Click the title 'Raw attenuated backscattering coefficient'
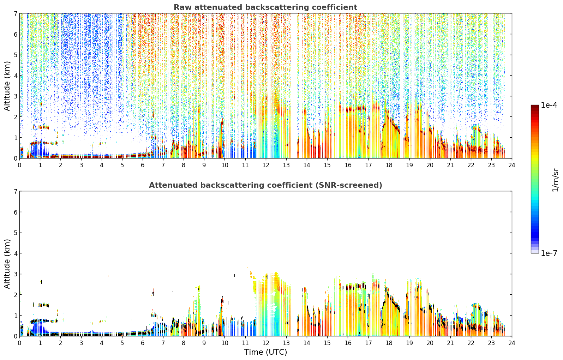point(265,7)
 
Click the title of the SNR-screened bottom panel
point(265,185)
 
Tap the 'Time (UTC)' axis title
point(265,352)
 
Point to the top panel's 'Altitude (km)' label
point(7,86)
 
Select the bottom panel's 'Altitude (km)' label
point(7,264)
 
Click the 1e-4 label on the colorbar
point(549,105)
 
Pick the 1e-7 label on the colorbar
point(549,253)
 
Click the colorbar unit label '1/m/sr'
point(555,180)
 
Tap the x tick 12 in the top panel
point(266,165)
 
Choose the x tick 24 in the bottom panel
point(512,343)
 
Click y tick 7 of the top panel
point(15,13)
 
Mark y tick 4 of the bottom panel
point(15,253)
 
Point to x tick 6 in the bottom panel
point(143,343)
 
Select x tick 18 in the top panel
point(389,165)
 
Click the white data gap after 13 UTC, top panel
point(294,86)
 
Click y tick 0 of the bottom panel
point(15,336)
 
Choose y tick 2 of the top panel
point(15,117)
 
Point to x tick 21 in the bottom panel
point(450,343)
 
